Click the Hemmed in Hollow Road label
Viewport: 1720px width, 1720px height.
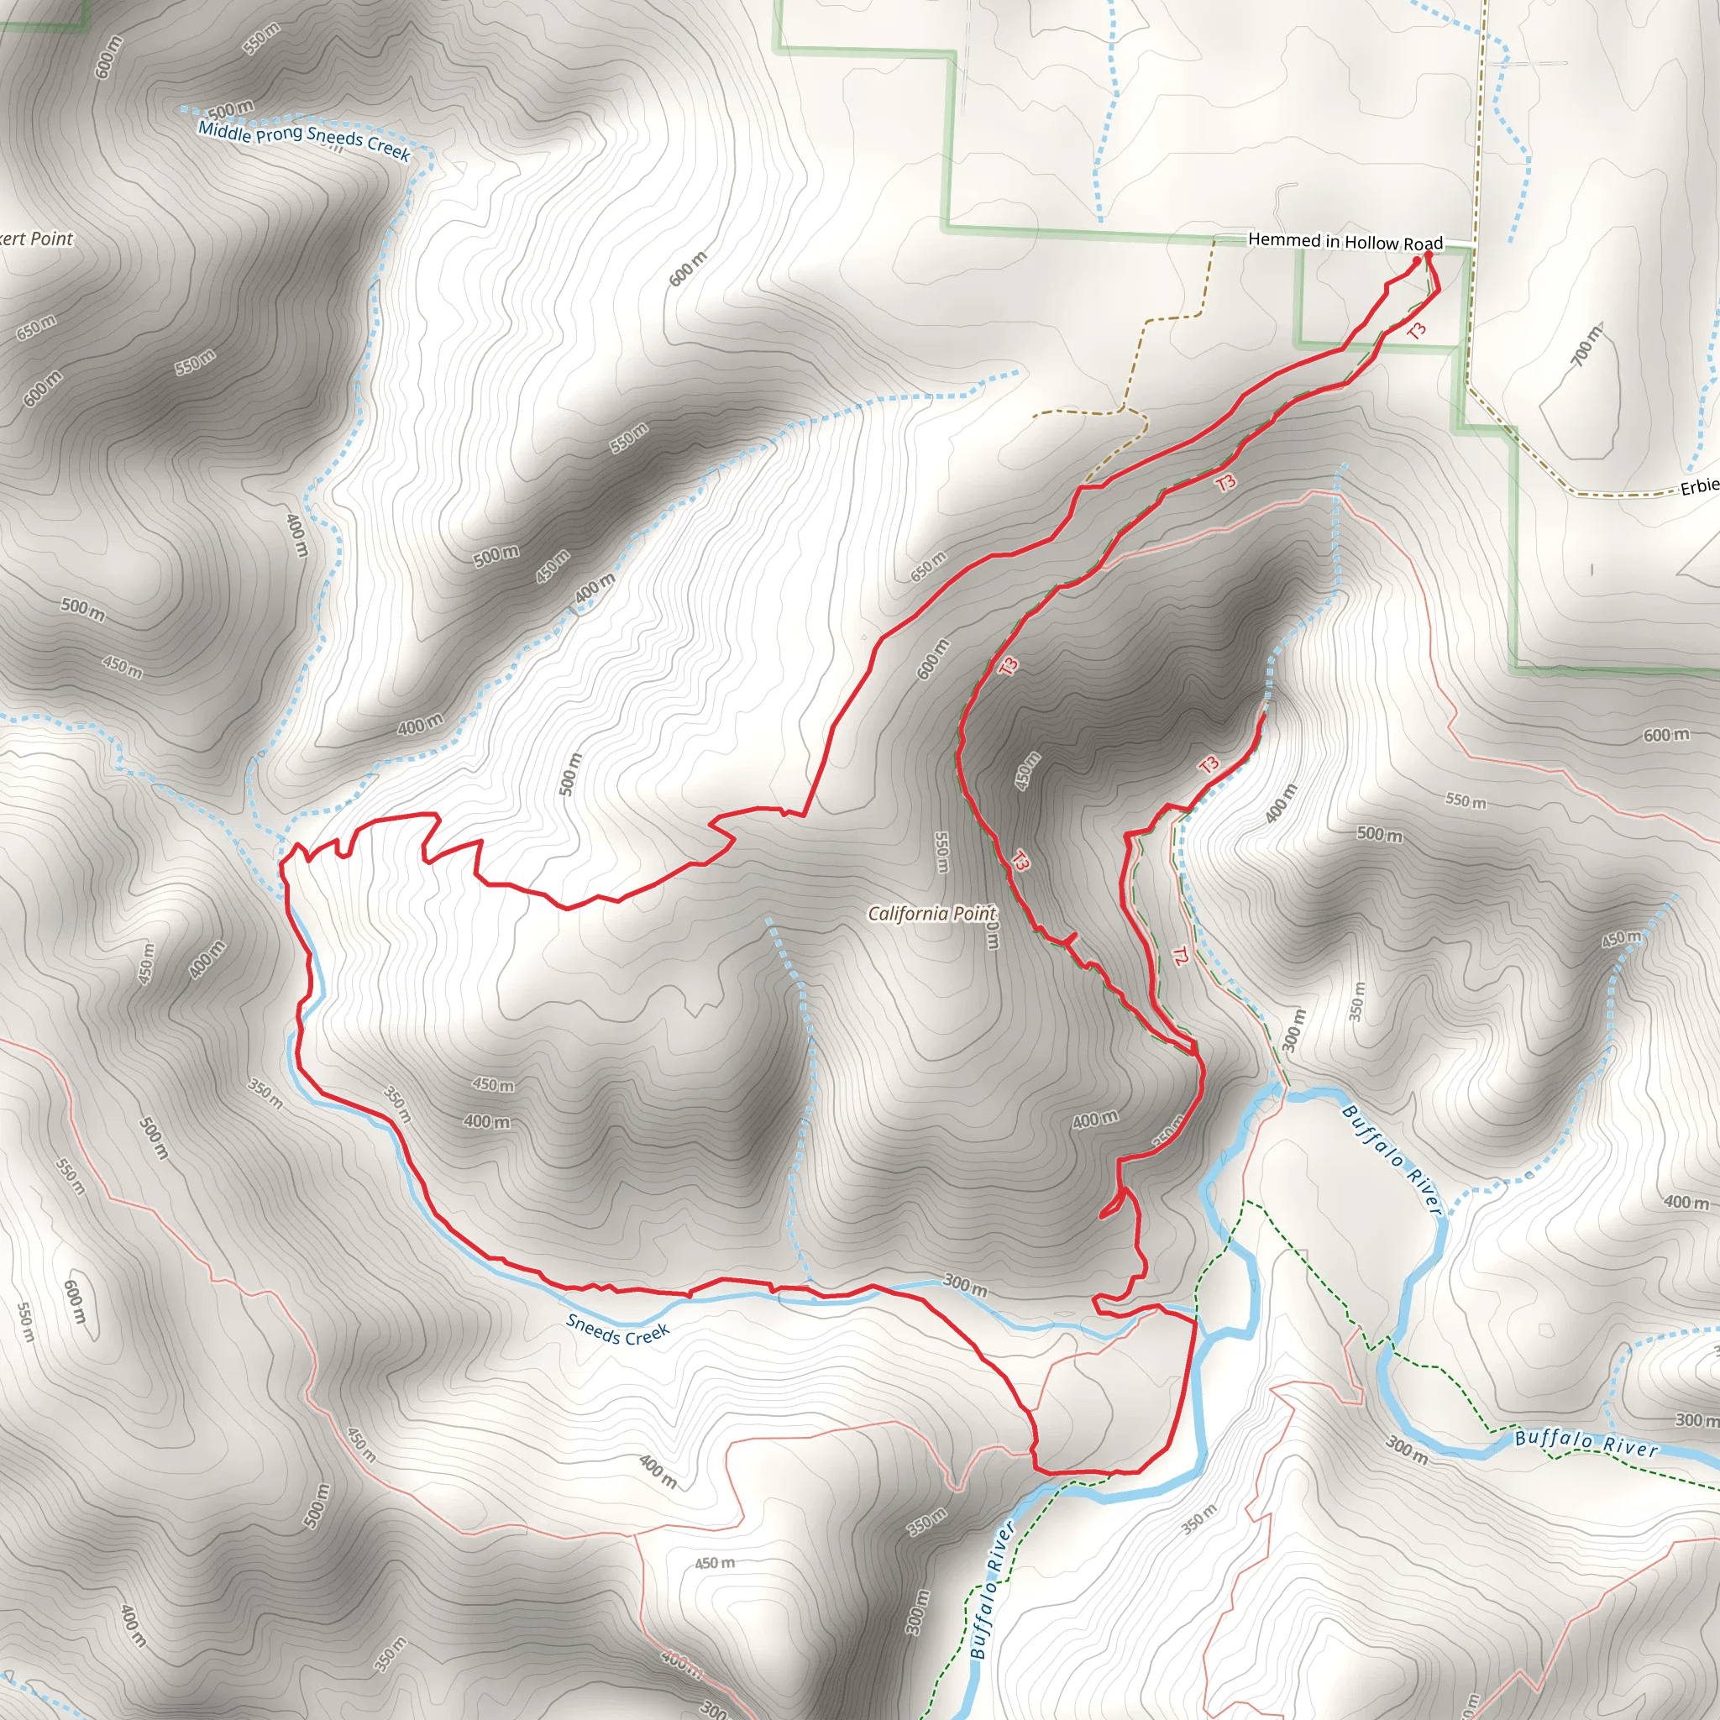pyautogui.click(x=1345, y=241)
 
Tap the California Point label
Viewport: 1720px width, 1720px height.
pyautogui.click(x=931, y=914)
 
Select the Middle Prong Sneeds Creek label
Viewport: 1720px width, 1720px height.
pyautogui.click(x=303, y=140)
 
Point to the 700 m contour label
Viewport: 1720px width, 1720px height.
pyautogui.click(x=1586, y=345)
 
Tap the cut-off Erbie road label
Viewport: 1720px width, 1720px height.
pyautogui.click(x=1699, y=487)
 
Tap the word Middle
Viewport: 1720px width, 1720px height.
pyautogui.click(x=225, y=130)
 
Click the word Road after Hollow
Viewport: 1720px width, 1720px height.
pyautogui.click(x=1423, y=244)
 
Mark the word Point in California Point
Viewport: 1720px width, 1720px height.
pyautogui.click(x=974, y=915)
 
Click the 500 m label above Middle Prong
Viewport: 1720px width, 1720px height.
pyautogui.click(x=231, y=110)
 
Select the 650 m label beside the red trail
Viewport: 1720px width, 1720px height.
pyautogui.click(x=928, y=566)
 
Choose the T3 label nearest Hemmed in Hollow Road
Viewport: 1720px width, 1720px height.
pyautogui.click(x=1418, y=330)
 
